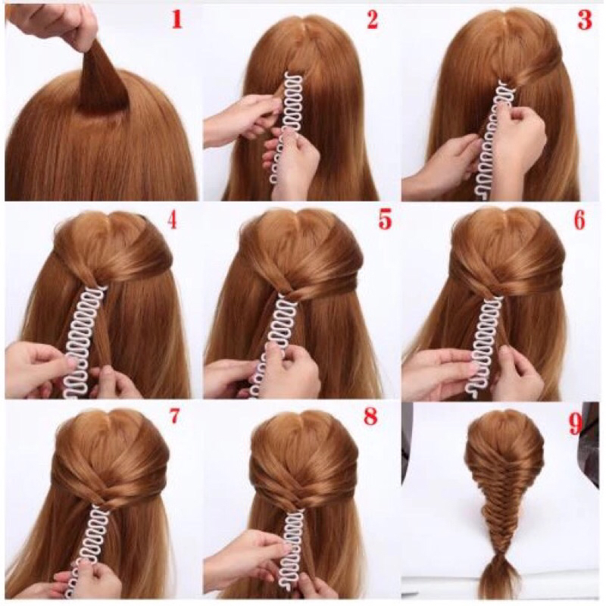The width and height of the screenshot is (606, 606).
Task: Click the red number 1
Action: point(177,20)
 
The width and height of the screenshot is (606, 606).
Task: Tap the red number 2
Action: point(372,20)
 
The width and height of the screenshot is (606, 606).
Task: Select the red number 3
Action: point(585,20)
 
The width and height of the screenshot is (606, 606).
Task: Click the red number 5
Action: point(385,220)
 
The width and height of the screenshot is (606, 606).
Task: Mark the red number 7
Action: point(174,416)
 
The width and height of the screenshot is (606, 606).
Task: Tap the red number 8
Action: point(370,416)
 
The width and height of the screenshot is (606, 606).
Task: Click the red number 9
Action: point(575,425)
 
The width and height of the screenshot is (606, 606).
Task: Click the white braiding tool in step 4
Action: point(84,340)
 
